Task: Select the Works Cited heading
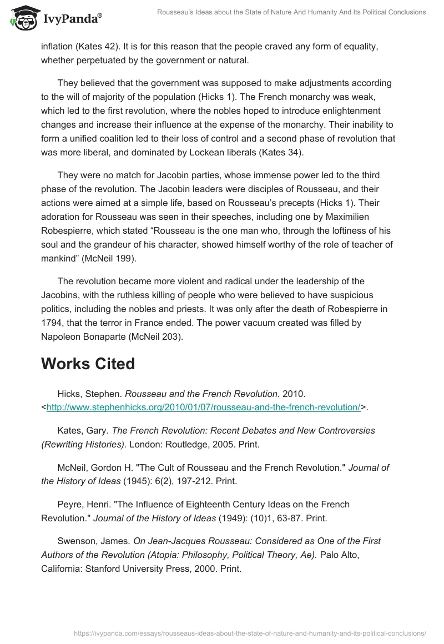(x=88, y=364)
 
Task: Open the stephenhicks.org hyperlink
(x=203, y=407)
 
